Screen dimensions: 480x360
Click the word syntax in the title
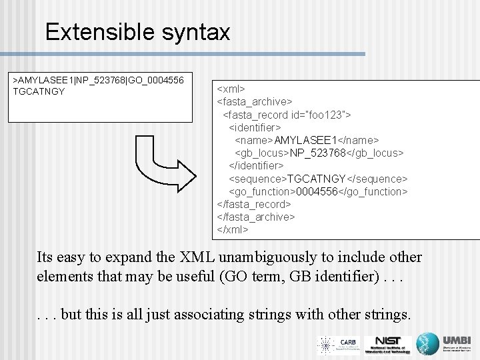click(193, 31)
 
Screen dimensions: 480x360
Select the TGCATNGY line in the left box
click(39, 91)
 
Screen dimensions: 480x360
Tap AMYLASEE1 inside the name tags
click(308, 140)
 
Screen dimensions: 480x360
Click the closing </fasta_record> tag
click(254, 204)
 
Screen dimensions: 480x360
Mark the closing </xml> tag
click(233, 229)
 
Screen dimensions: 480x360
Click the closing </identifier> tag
click(256, 165)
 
